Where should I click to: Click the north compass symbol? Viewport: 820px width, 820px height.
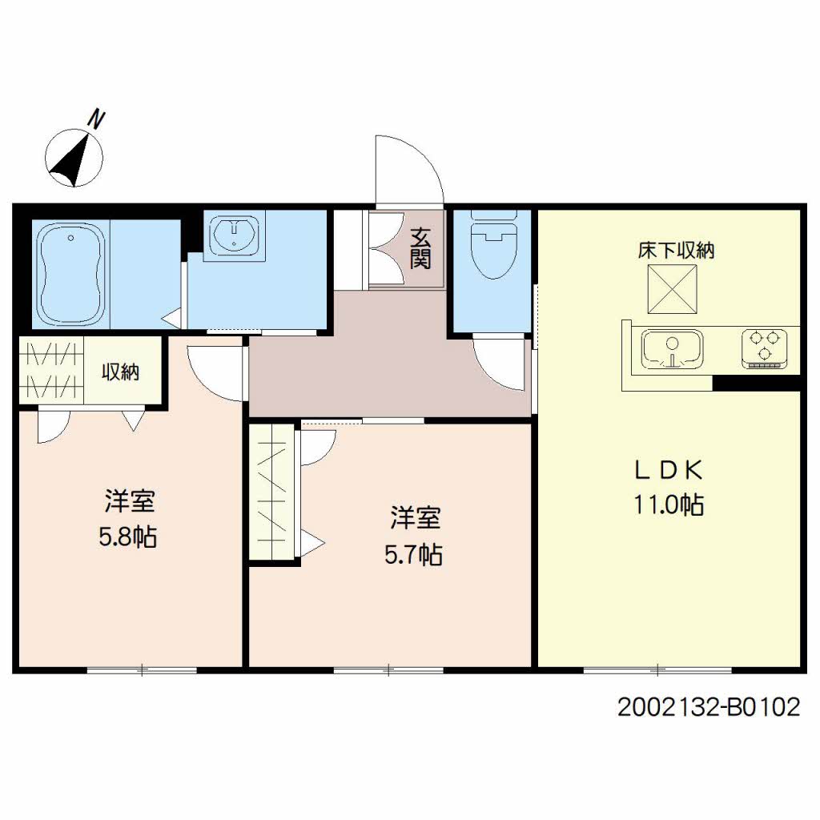(x=74, y=157)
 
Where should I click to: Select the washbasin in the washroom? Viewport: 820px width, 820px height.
(x=233, y=234)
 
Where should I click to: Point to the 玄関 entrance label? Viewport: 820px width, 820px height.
(x=421, y=248)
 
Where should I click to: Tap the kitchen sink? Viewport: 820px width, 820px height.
(x=672, y=350)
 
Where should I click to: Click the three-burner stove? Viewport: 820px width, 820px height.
(x=764, y=349)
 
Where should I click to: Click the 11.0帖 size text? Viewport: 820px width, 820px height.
(x=669, y=504)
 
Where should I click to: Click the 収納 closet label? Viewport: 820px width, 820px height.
(x=121, y=372)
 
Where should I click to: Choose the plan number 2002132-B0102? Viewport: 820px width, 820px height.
(x=709, y=707)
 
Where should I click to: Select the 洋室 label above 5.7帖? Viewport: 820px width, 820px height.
(x=415, y=519)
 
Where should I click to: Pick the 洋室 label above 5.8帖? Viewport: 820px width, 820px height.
(x=129, y=502)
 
